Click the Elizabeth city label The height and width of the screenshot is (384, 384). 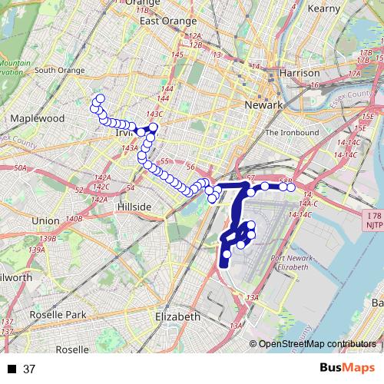click(x=177, y=316)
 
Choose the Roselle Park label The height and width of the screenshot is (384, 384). click(x=58, y=315)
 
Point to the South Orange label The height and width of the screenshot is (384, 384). click(x=59, y=70)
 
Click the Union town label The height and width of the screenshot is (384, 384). click(x=45, y=220)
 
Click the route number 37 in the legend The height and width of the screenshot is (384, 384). click(x=30, y=369)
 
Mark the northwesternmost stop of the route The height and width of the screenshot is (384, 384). click(x=99, y=98)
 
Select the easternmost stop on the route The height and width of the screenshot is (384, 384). click(x=291, y=187)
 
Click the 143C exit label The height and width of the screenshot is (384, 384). click(x=154, y=114)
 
